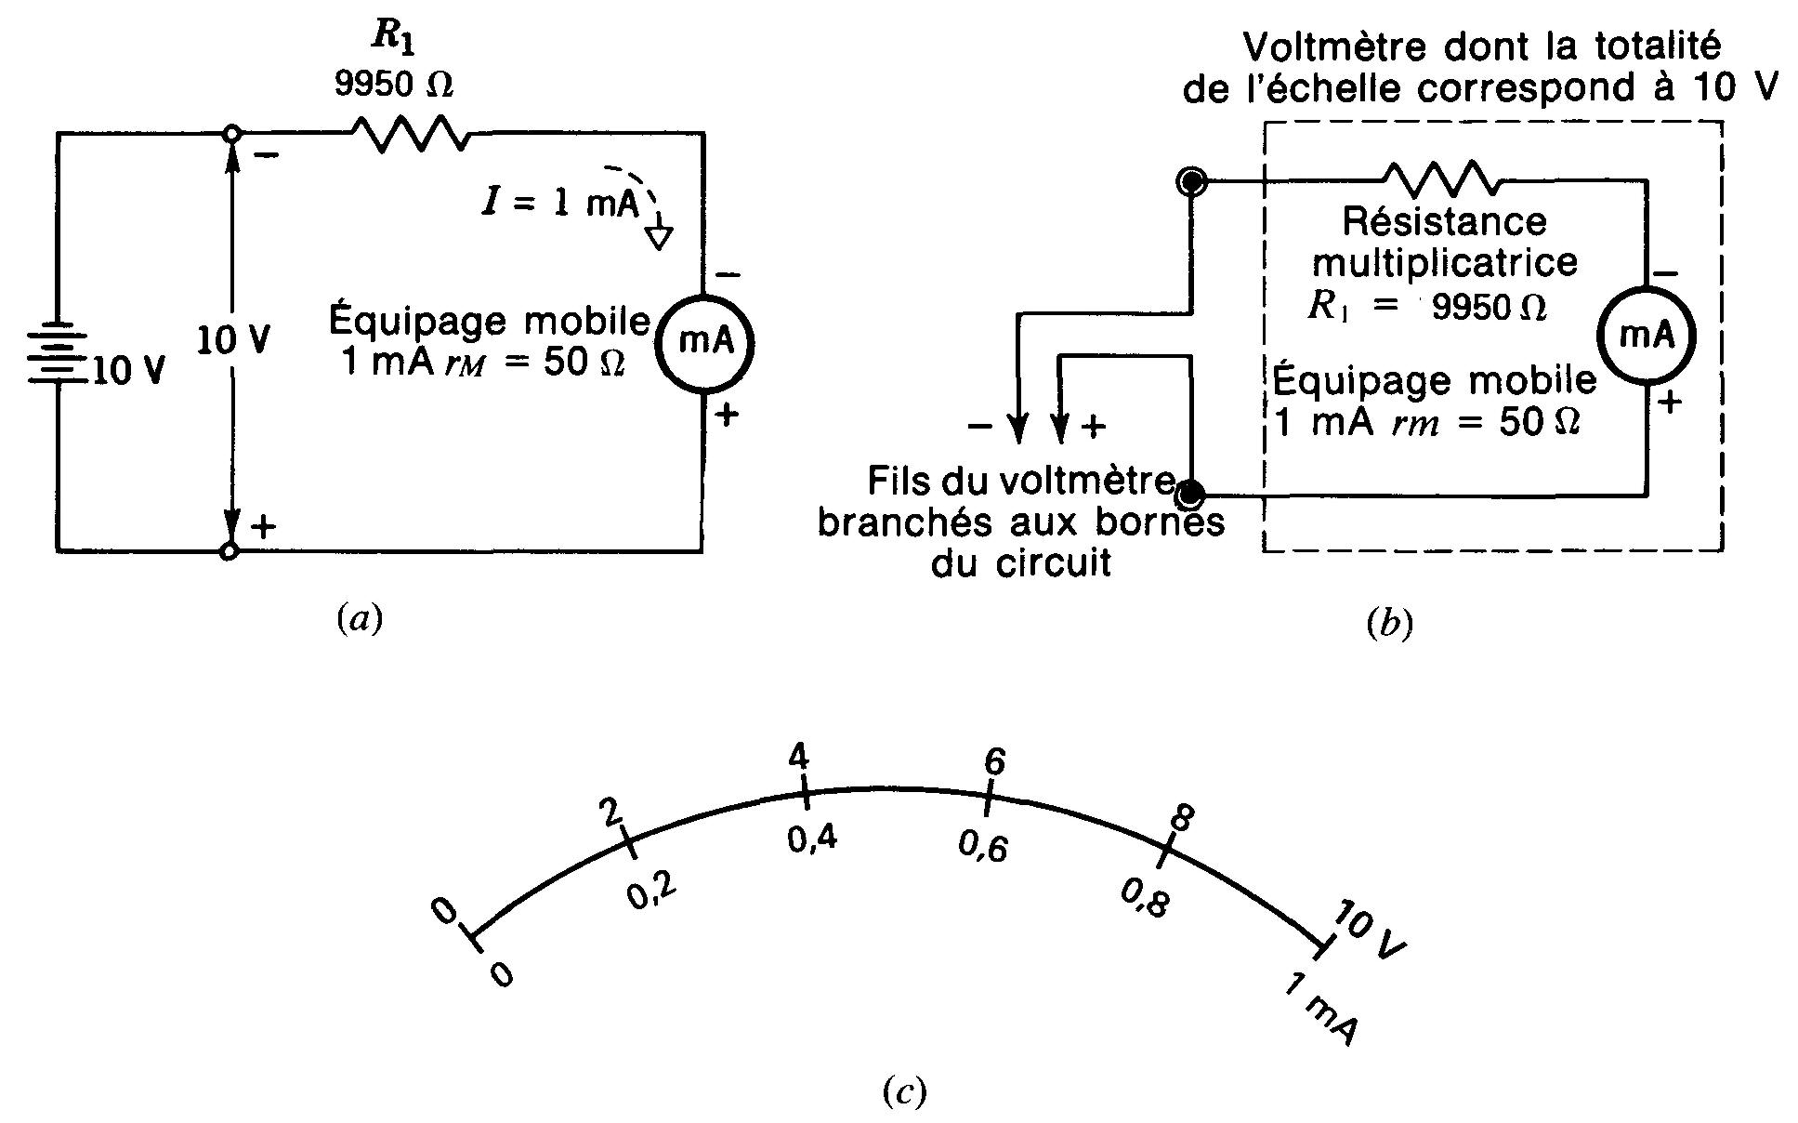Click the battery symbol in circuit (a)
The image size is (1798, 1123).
tap(58, 353)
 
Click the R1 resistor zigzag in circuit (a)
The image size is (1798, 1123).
tap(410, 134)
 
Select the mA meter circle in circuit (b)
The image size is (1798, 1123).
tap(1647, 336)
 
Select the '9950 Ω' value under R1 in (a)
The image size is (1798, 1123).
tap(394, 86)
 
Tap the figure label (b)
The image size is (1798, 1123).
tap(1389, 625)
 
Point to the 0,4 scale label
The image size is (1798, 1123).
tap(811, 839)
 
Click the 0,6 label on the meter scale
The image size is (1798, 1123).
tap(983, 846)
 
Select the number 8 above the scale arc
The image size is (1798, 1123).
tap(1180, 818)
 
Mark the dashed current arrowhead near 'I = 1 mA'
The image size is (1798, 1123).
tap(659, 239)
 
